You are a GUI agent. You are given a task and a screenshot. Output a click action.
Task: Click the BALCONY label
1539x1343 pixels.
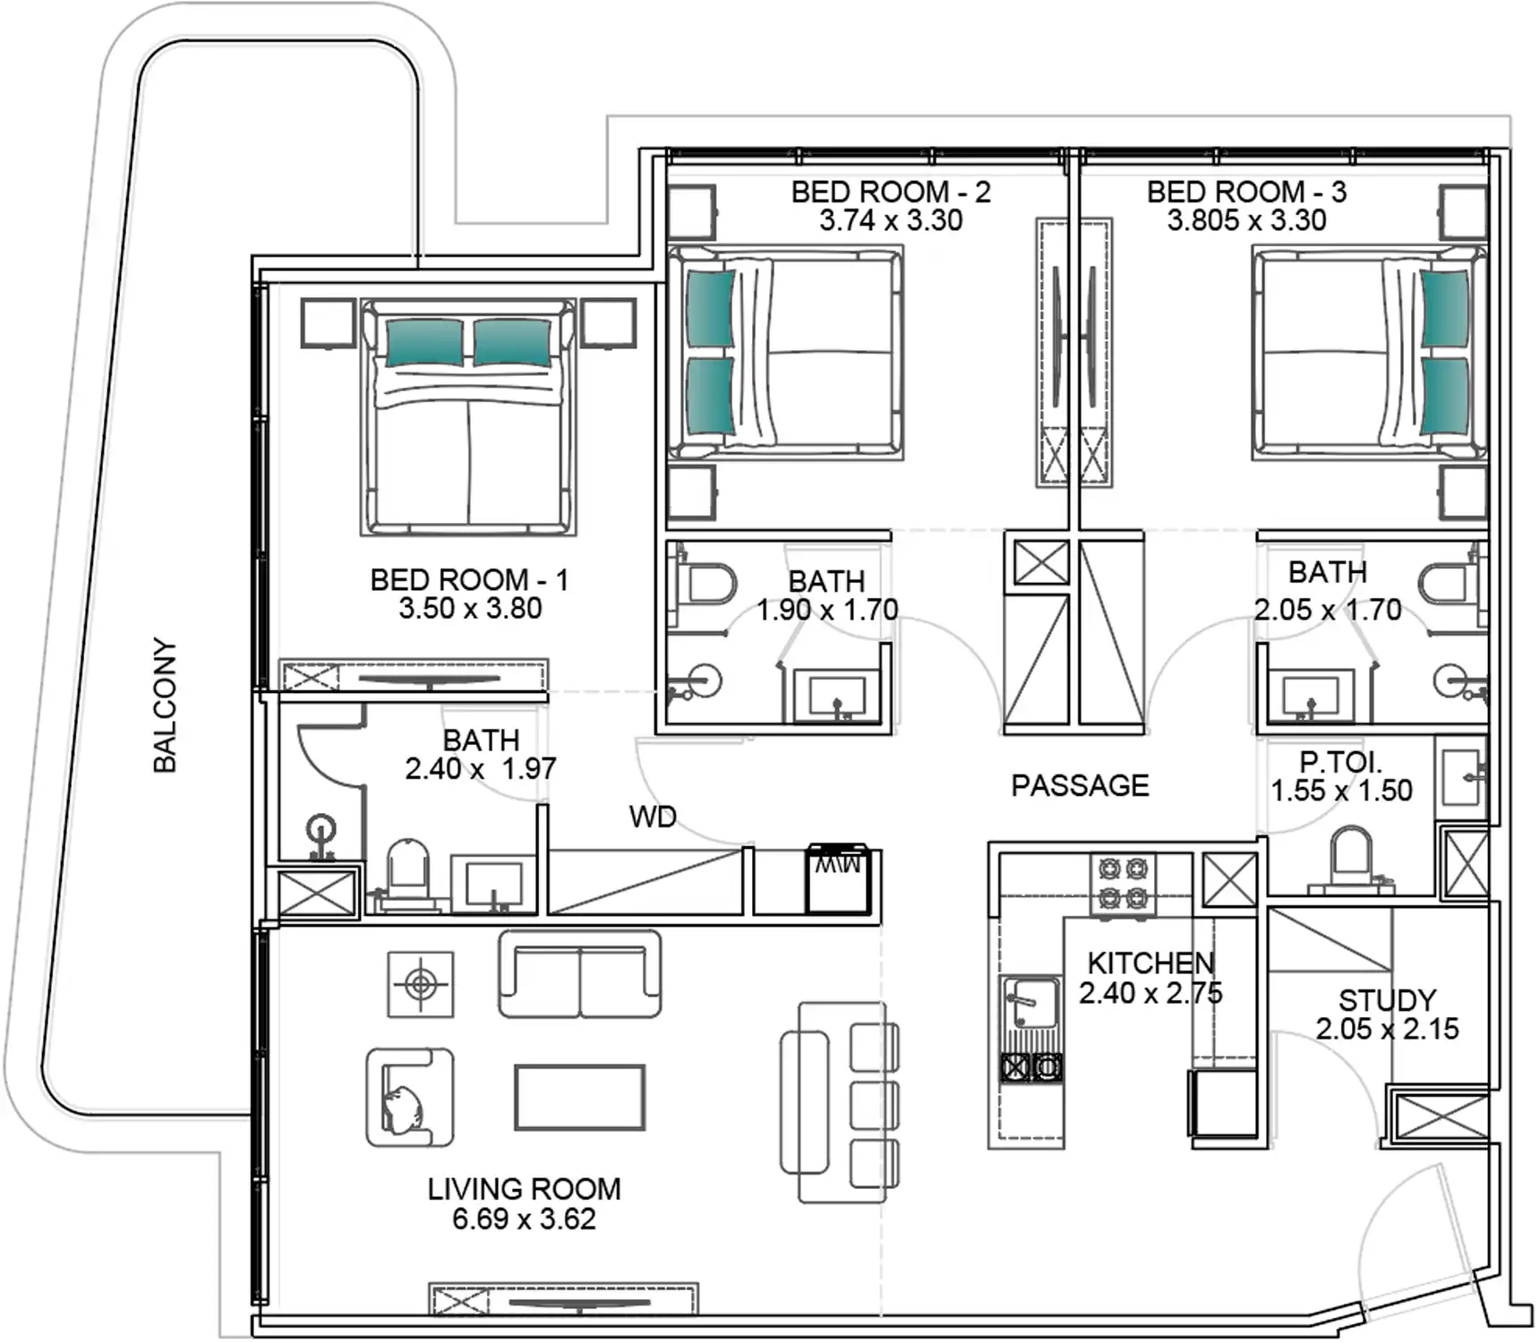pyautogui.click(x=165, y=705)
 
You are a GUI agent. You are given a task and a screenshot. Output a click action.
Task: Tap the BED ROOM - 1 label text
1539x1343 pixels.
pyautogui.click(x=469, y=580)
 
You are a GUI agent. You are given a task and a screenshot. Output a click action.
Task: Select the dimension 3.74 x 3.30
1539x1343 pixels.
pyautogui.click(x=891, y=220)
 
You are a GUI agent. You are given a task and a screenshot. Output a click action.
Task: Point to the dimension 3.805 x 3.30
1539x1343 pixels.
pyautogui.click(x=1246, y=220)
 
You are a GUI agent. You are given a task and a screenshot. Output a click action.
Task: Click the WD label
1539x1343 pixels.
pyautogui.click(x=653, y=817)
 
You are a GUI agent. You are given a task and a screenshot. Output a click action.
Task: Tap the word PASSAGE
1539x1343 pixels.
pyautogui.click(x=1080, y=786)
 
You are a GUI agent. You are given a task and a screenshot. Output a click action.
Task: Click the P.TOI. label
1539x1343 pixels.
pyautogui.click(x=1340, y=763)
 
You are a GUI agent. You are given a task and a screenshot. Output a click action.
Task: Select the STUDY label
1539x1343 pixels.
pyautogui.click(x=1387, y=1000)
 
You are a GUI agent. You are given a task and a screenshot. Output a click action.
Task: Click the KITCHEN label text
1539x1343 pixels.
pyautogui.click(x=1150, y=963)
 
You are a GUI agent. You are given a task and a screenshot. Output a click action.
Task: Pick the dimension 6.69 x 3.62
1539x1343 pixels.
pyautogui.click(x=524, y=1219)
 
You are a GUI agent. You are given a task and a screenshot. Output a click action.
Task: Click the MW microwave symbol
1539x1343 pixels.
pyautogui.click(x=838, y=879)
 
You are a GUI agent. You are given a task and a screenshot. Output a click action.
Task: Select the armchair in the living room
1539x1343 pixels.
pyautogui.click(x=409, y=1099)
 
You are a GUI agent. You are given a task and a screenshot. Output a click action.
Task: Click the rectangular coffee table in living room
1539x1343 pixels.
pyautogui.click(x=579, y=1097)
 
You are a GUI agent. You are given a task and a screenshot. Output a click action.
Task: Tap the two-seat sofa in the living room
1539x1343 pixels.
pyautogui.click(x=579, y=974)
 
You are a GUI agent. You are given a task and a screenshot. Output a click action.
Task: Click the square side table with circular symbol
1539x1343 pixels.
pyautogui.click(x=420, y=985)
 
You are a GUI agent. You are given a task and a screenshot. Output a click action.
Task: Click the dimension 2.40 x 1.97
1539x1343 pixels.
pyautogui.click(x=480, y=769)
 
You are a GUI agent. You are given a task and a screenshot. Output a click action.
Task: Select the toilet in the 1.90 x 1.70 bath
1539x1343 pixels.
pyautogui.click(x=705, y=585)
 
